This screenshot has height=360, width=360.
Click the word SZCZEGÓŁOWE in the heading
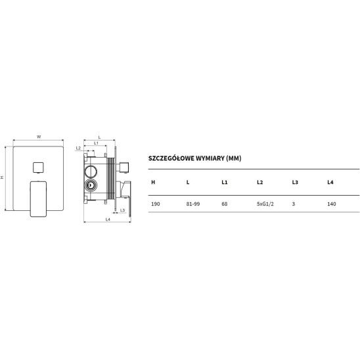tap(171, 158)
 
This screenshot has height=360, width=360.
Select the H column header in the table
tap(153, 182)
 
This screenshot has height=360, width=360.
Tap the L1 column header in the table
tap(224, 182)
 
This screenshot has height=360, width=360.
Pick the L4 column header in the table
tap(330, 182)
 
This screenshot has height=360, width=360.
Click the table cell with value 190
tap(156, 204)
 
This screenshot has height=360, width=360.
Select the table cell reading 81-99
tap(193, 204)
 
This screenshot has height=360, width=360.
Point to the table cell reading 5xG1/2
tap(265, 204)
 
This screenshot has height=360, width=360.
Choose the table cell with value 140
tap(332, 204)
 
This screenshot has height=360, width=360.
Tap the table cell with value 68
tap(224, 204)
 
